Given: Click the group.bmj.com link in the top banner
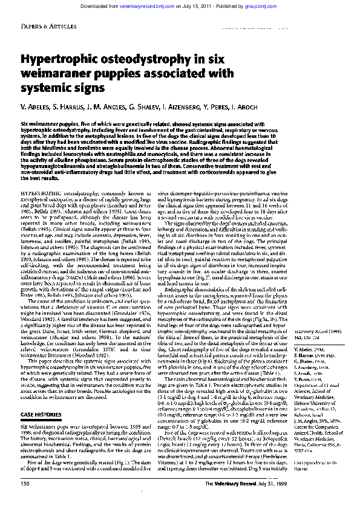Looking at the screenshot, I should click(x=280, y=5).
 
